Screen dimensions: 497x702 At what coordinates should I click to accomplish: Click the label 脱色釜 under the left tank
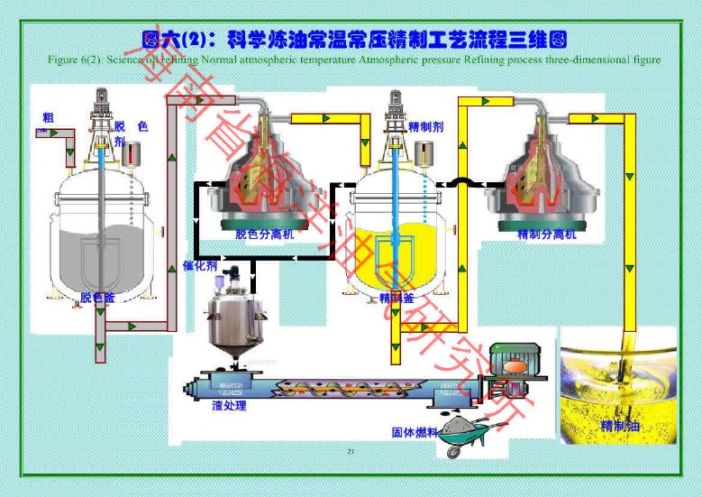97,297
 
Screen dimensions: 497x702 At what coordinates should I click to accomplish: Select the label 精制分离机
546,234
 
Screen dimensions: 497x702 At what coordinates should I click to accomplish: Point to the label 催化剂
199,266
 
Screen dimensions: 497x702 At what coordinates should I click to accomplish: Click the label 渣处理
229,406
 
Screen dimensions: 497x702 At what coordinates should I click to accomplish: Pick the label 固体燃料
415,432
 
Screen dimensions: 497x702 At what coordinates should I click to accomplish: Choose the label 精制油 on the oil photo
620,425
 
